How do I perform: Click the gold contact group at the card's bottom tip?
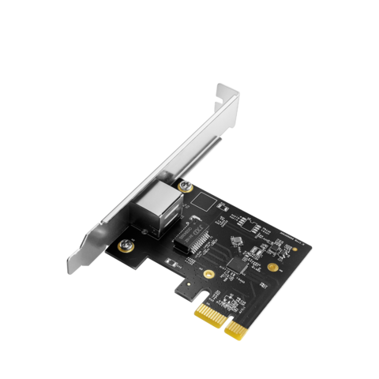click(x=237, y=327)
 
